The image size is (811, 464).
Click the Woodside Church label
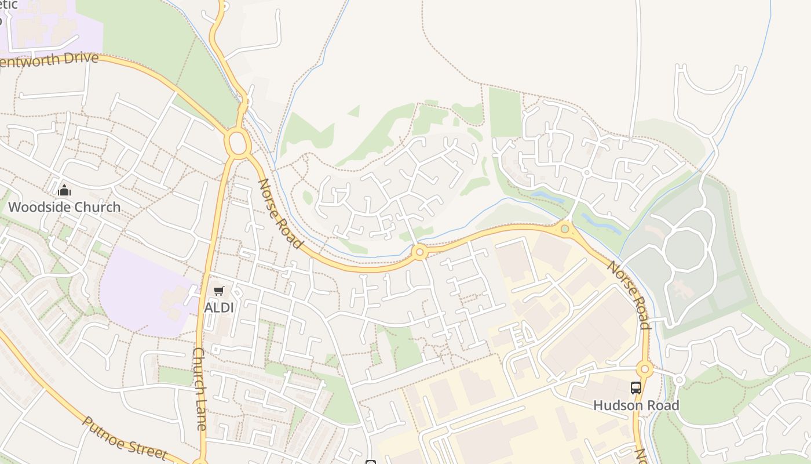pos(64,207)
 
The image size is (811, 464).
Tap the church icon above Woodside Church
pos(64,190)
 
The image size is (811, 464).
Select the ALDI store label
pos(219,307)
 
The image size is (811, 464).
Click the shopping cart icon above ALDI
pos(218,291)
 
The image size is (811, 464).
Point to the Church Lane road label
pos(199,389)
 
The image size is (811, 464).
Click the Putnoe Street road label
pos(124,438)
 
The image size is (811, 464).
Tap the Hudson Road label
pos(635,405)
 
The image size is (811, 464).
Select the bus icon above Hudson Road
pos(635,388)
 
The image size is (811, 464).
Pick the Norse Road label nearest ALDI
pos(280,213)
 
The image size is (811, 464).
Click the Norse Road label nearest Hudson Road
pos(629,295)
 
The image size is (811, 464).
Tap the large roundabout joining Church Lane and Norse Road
pos(238,143)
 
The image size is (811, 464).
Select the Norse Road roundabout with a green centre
pos(565,229)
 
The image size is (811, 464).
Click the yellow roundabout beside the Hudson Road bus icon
pos(644,369)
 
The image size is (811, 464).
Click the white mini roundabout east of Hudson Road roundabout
pos(680,380)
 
